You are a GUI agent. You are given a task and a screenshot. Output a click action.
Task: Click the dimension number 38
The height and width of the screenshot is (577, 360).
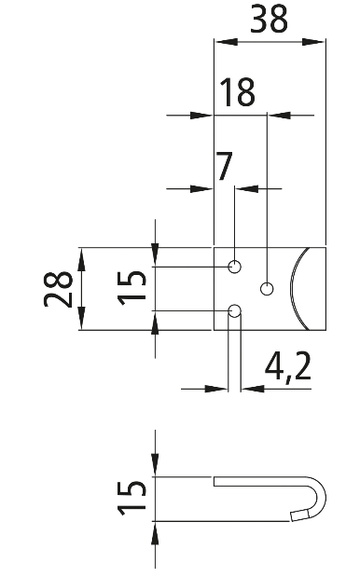(269, 19)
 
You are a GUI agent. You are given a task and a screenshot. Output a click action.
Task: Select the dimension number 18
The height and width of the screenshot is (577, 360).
(238, 92)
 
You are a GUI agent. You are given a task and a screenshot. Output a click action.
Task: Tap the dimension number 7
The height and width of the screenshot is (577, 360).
(225, 166)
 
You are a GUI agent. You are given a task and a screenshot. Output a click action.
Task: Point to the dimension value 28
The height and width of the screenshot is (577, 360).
(58, 289)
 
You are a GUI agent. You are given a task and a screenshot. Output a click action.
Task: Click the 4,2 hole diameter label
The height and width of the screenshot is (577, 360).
(287, 366)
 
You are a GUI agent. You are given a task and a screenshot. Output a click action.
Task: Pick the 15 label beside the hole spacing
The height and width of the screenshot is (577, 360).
(132, 288)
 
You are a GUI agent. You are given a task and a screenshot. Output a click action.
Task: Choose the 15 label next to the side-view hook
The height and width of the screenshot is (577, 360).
(132, 498)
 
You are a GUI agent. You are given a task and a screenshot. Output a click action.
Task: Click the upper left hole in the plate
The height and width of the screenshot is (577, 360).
(234, 267)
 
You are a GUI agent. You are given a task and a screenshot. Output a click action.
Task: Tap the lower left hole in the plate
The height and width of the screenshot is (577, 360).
(234, 311)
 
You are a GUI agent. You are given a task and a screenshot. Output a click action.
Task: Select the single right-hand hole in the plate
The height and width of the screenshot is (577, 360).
(267, 289)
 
